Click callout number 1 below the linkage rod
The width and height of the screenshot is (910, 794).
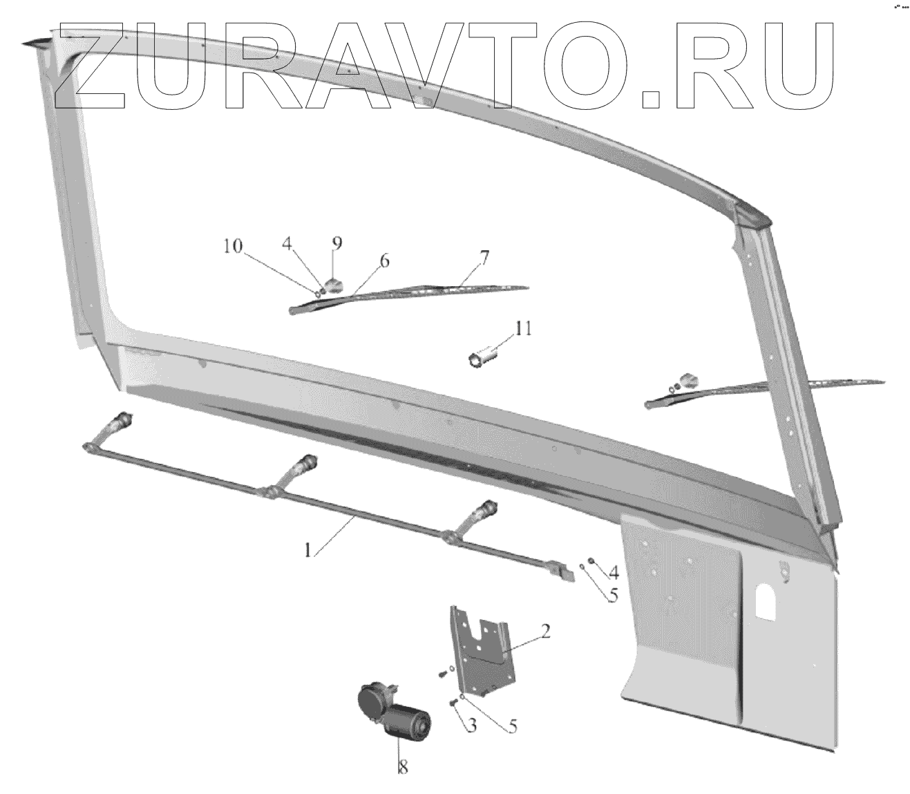pyautogui.click(x=310, y=549)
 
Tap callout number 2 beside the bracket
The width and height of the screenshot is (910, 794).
pyautogui.click(x=545, y=630)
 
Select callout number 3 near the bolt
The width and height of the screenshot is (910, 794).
pyautogui.click(x=471, y=725)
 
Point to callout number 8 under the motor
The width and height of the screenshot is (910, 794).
pyautogui.click(x=402, y=767)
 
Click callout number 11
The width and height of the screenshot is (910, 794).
pyautogui.click(x=522, y=328)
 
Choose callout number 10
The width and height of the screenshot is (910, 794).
pyautogui.click(x=234, y=247)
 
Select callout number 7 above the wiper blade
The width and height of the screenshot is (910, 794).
pyautogui.click(x=484, y=258)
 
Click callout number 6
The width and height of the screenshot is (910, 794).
pyautogui.click(x=384, y=261)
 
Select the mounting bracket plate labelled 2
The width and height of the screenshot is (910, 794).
pyautogui.click(x=482, y=650)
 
